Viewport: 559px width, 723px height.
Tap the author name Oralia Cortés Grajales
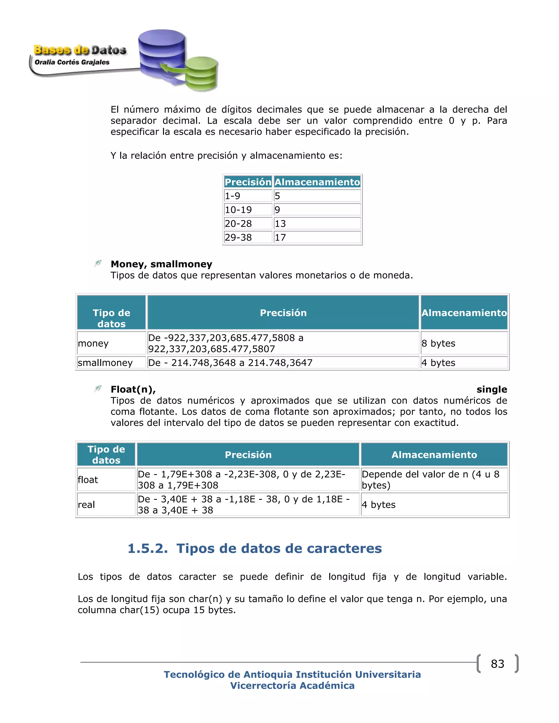click(x=72, y=62)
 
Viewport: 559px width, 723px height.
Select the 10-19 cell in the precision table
click(x=248, y=210)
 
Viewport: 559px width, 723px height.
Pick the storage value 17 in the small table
click(x=317, y=237)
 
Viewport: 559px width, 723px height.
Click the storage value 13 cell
click(x=317, y=223)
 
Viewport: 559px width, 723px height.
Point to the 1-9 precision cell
click(x=248, y=196)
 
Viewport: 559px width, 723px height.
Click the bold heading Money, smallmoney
click(x=161, y=264)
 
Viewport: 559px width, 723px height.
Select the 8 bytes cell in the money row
click(x=464, y=343)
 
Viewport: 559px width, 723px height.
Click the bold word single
click(x=491, y=389)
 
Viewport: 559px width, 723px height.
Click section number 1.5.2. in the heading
click(x=148, y=549)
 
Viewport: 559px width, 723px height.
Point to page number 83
click(x=497, y=664)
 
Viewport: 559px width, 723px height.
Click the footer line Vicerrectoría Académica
click(x=292, y=686)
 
